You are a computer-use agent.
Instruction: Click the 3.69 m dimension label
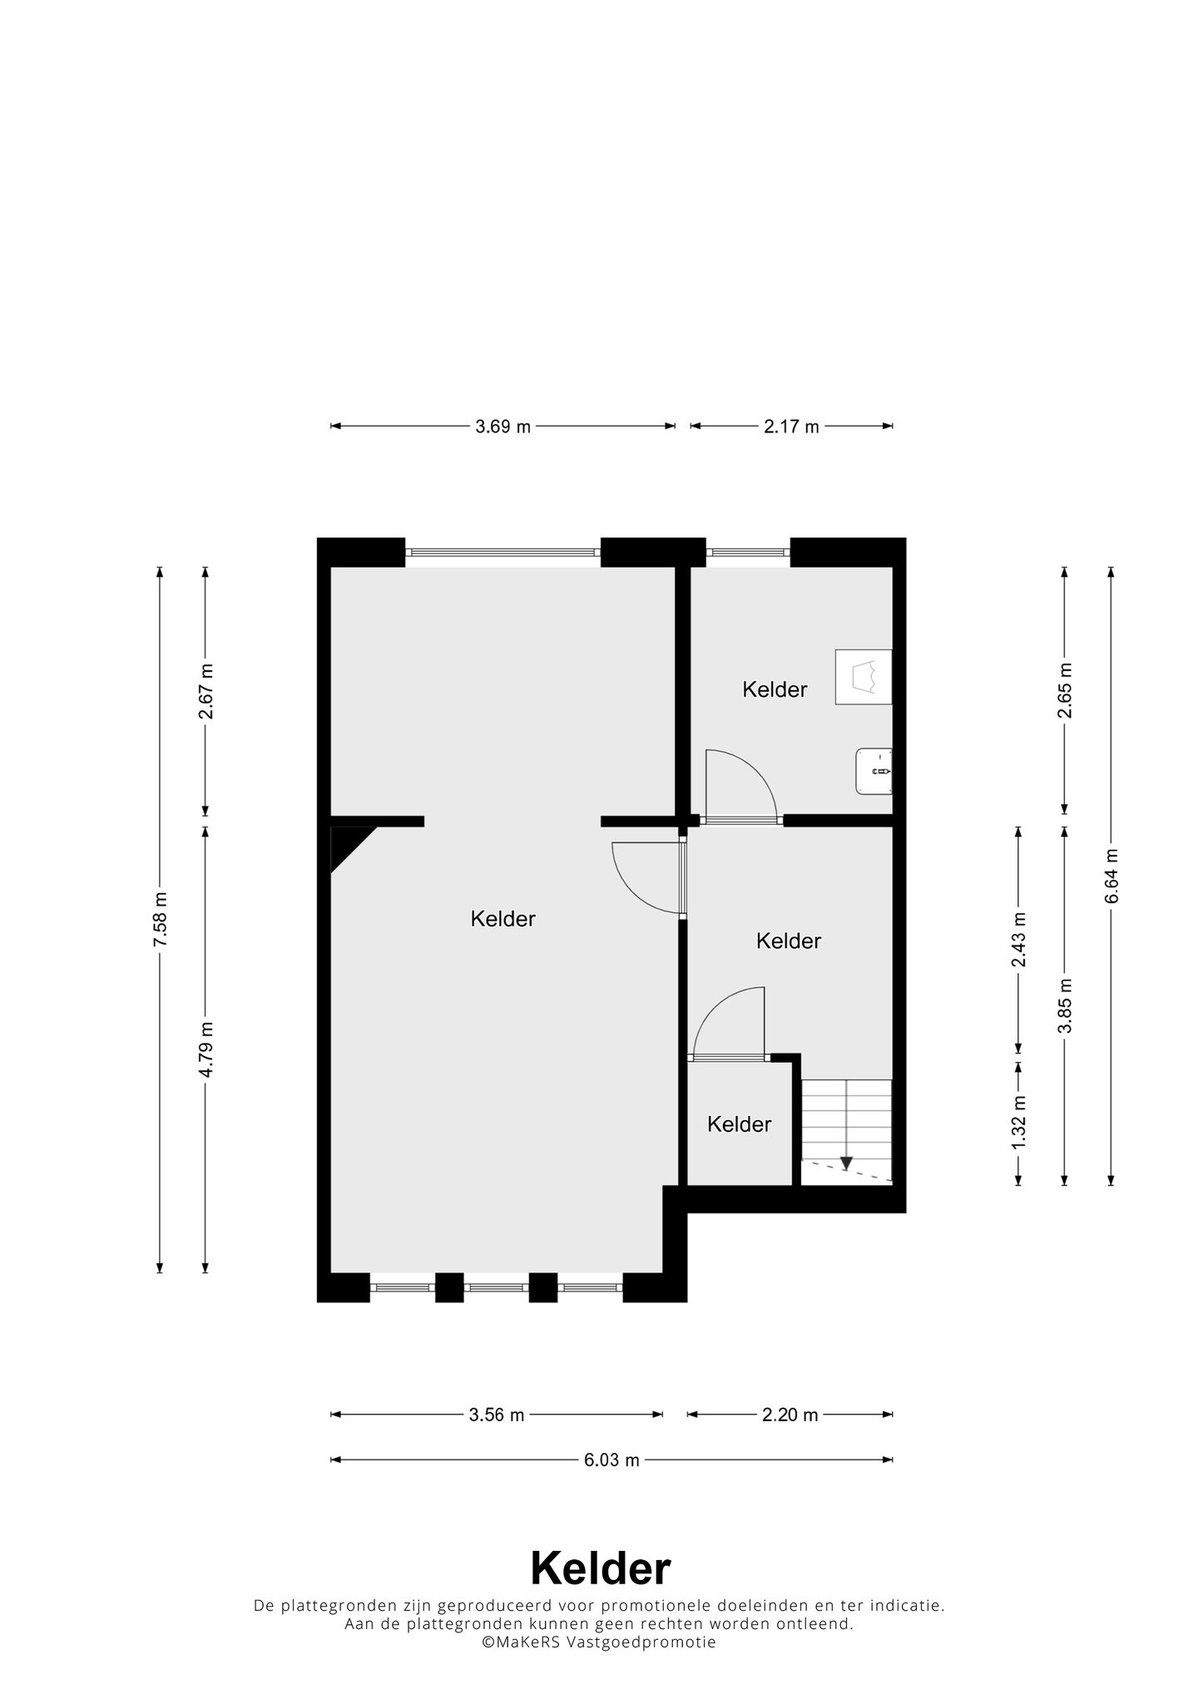coord(502,427)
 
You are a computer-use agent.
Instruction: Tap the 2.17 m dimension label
coord(791,427)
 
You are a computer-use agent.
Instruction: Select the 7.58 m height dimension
coord(161,918)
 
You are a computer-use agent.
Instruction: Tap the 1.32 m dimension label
coord(1019,1122)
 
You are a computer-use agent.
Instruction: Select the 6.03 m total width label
coord(611,1459)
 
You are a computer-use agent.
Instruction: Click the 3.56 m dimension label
coord(497,1415)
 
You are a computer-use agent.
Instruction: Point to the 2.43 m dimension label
coord(1019,940)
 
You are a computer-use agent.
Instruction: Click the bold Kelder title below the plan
coord(600,1569)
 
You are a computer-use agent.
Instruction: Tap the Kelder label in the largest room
coord(502,919)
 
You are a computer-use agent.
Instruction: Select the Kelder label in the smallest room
coord(739,1124)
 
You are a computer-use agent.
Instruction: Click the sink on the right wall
coord(874,772)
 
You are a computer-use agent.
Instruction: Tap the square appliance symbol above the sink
coord(864,677)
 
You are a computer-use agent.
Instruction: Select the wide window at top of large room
coord(502,551)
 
